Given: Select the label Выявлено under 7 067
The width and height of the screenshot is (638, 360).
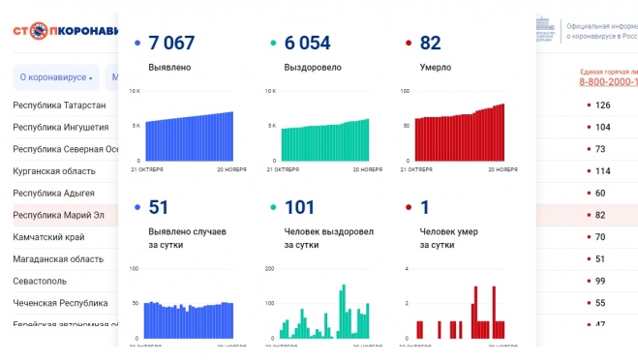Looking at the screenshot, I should (x=169, y=68).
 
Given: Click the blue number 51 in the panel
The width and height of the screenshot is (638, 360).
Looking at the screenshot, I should (x=158, y=206).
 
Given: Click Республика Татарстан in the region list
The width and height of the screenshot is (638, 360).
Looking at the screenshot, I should (x=59, y=105).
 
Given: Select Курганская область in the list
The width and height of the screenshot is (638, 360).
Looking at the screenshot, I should (x=54, y=171).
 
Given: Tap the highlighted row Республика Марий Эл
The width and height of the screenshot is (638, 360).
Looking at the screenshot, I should (x=58, y=215).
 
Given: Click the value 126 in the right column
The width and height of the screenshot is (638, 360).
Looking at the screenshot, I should (x=602, y=105).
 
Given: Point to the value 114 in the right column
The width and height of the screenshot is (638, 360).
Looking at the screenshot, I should (x=602, y=171).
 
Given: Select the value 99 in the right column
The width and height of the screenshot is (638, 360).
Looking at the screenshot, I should (x=600, y=281).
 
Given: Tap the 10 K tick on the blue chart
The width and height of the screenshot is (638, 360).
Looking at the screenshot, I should (x=136, y=91).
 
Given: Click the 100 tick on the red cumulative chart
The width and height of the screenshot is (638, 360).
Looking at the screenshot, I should (x=406, y=91).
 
